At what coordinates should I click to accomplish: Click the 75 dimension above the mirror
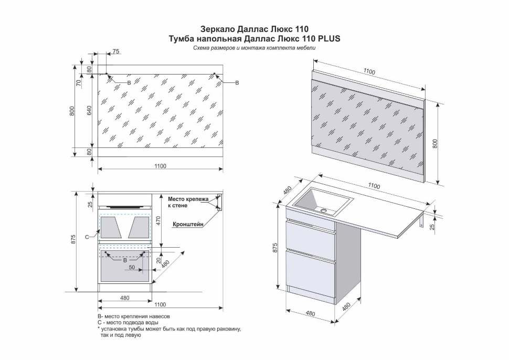116,51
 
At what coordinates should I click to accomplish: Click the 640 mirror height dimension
90,110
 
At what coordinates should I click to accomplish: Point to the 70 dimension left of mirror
78,83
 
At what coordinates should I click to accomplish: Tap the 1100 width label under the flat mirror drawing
160,166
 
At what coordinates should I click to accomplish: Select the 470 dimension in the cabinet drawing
158,221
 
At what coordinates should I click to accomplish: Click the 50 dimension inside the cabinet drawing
132,268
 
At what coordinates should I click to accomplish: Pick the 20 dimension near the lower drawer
158,261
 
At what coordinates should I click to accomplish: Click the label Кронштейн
188,224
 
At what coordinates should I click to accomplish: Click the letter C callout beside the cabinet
87,237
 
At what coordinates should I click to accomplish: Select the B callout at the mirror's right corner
237,83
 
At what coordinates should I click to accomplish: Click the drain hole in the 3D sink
324,210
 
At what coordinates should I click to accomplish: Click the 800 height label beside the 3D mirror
436,144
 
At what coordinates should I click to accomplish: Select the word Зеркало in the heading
216,29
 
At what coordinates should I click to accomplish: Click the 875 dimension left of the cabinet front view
73,240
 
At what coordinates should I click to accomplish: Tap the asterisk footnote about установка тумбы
169,332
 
